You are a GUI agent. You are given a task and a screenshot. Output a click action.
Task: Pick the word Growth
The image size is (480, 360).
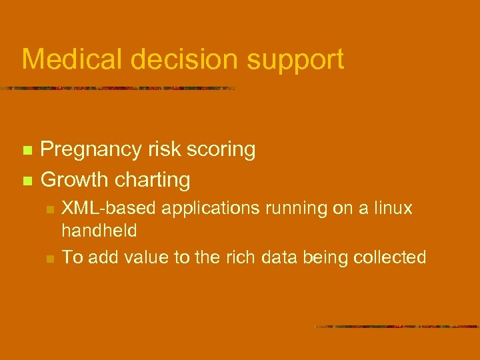[x=75, y=179]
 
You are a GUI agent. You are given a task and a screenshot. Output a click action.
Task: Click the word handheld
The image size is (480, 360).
[x=99, y=231]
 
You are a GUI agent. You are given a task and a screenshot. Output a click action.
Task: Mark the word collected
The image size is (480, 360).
[x=392, y=257]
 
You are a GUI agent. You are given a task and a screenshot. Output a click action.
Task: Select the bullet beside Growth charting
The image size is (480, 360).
[x=27, y=180]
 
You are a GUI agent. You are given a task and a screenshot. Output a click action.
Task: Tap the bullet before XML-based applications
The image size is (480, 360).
[x=49, y=210]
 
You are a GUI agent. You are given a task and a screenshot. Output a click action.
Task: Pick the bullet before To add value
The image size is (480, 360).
[x=49, y=258]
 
